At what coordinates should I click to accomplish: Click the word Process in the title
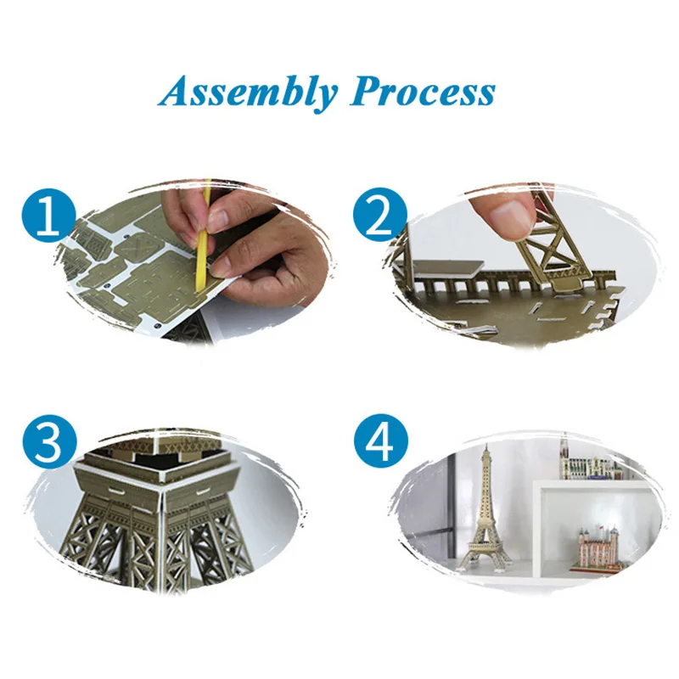coord(423,92)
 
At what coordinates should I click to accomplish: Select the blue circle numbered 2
coord(380,215)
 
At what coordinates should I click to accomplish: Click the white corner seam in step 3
coord(162,519)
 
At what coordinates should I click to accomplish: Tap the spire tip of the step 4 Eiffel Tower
coord(486,444)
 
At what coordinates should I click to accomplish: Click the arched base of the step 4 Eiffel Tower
coord(485,553)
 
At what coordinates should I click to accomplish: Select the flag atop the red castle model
coord(603,527)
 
